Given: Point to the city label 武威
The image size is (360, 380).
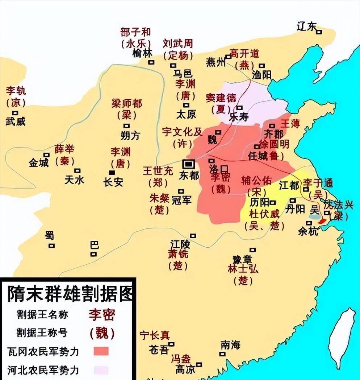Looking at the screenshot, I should pos(16,121).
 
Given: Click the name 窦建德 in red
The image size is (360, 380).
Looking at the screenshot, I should pos(221,98).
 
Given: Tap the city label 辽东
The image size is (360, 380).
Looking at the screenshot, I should pos(306,26).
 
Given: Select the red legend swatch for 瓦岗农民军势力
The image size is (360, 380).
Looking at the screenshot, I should pos(101,351).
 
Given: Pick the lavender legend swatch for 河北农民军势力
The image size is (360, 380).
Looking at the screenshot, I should pos(101,370).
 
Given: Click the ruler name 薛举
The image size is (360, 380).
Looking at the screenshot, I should pos(64,149).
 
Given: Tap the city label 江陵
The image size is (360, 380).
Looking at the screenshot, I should pos(180,243).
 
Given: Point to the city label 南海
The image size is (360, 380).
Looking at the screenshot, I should pos(230,345).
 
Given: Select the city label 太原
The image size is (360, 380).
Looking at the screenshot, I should pos(186,114).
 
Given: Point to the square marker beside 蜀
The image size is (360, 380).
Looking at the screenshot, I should pos(52,245).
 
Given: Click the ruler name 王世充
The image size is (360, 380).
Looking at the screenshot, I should pos(158,171).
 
